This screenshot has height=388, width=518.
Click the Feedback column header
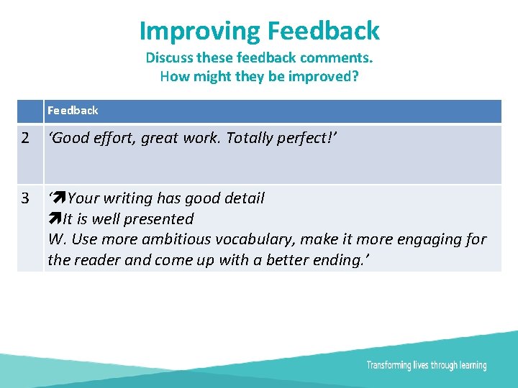point(73,111)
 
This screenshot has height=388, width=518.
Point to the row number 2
point(27,139)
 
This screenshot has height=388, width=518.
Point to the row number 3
point(27,198)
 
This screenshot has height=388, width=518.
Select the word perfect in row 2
point(306,139)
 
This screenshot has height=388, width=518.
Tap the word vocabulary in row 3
point(254,239)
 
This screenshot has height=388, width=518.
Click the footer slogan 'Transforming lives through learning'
point(426,366)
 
